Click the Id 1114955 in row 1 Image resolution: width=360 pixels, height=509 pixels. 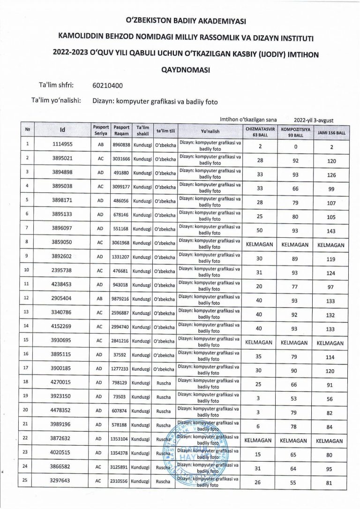point(62,144)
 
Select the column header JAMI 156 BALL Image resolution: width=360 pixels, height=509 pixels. point(331,133)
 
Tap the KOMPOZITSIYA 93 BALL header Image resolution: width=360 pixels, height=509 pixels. point(292,131)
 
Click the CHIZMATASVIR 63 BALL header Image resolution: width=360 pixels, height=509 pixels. point(260,131)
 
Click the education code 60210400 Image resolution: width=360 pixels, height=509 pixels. point(108,85)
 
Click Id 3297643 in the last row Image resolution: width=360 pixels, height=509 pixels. point(62,481)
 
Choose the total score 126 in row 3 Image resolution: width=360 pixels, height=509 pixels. point(331,175)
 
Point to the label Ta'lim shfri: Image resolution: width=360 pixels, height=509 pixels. point(54,85)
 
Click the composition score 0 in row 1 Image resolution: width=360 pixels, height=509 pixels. point(292,147)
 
